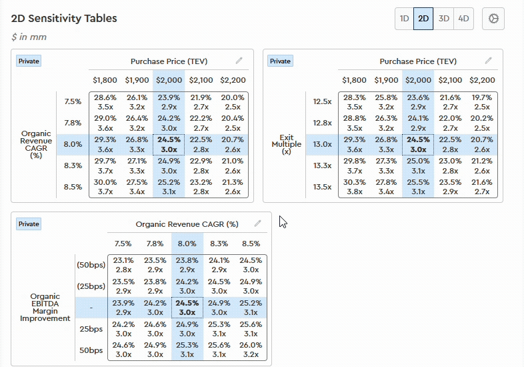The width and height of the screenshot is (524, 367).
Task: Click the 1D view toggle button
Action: tap(404, 19)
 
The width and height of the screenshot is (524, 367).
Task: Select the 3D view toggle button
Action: tap(443, 19)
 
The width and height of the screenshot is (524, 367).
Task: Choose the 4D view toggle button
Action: tap(463, 19)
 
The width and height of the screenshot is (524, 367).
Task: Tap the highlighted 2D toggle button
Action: tap(423, 19)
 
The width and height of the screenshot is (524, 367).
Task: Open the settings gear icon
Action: tap(493, 19)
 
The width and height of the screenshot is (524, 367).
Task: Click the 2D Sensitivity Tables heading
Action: tap(64, 18)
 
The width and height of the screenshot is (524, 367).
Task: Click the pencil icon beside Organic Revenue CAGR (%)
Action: tap(257, 224)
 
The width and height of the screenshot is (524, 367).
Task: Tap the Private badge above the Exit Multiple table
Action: tap(280, 61)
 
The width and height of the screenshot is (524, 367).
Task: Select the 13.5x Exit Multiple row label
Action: tap(322, 186)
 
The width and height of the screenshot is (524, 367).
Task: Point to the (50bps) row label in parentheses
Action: tap(91, 265)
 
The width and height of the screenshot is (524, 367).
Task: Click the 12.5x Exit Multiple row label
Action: tap(322, 101)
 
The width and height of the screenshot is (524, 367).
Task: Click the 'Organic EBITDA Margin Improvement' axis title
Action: tap(45, 308)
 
